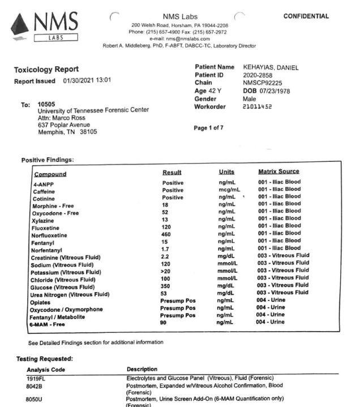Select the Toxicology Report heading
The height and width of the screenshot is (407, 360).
tap(46, 69)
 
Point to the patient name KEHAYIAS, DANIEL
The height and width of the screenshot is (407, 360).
tap(271, 68)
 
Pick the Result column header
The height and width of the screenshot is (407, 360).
tap(172, 172)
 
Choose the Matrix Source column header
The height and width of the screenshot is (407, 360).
tap(278, 172)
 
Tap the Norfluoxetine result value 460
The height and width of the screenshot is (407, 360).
tap(166, 234)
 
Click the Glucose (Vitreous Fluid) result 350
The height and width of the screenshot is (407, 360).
tap(166, 286)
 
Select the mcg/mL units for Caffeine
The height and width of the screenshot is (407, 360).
tap(229, 190)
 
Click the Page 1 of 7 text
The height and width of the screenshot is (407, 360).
tap(209, 128)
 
